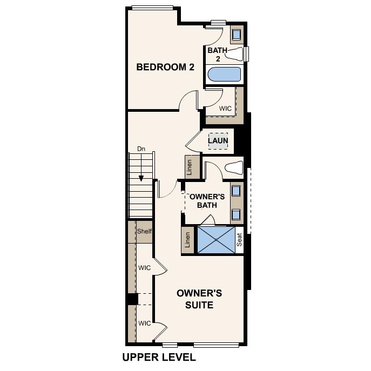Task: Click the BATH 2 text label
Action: click(217, 54)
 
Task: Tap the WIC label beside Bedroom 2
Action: click(225, 109)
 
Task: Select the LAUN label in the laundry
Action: click(218, 141)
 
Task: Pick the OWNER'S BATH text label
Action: click(203, 200)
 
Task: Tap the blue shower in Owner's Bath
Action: click(215, 239)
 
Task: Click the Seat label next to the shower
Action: click(240, 240)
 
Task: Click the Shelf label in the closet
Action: click(144, 232)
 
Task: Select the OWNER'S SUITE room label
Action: click(199, 299)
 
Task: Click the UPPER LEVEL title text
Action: click(159, 357)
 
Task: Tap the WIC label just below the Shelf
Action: click(144, 267)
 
